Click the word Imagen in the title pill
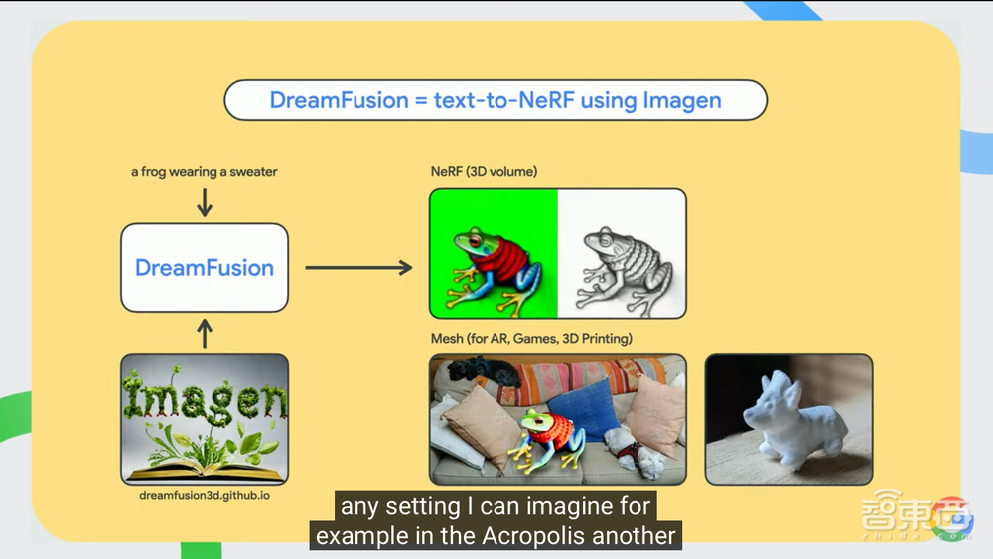[x=682, y=100]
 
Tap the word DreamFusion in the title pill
[x=340, y=100]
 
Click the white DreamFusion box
[x=205, y=268]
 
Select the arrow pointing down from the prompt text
[x=205, y=203]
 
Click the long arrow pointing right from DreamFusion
[x=358, y=268]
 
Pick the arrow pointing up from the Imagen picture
[x=205, y=333]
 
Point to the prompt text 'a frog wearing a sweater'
[x=204, y=172]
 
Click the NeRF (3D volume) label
[x=484, y=172]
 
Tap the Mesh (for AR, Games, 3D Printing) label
[x=531, y=338]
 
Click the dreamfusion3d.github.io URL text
[x=205, y=495]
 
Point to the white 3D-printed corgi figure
[x=794, y=418]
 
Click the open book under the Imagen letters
[x=204, y=471]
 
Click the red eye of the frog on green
[x=475, y=241]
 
